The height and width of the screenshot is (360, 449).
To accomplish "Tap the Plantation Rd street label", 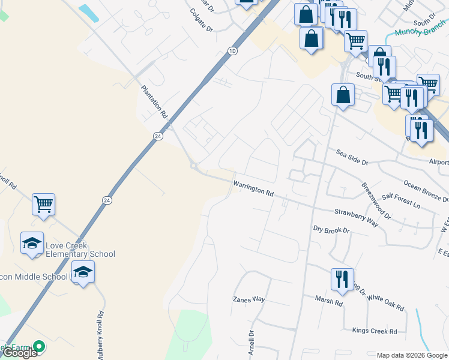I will [x=153, y=100].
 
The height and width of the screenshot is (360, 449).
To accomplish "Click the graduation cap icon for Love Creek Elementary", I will [x=32, y=243].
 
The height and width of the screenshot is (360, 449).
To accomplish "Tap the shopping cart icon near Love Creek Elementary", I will [x=43, y=205].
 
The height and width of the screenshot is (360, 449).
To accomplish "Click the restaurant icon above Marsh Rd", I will [x=342, y=279].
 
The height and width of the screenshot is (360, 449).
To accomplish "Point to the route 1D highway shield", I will [x=232, y=52].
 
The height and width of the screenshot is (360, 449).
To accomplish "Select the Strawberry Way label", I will [x=356, y=217].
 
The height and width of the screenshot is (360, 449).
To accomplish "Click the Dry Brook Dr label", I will [x=331, y=230].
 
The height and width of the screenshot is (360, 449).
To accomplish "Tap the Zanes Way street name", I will [x=249, y=299].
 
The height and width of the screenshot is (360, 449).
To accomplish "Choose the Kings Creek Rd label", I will [x=375, y=331].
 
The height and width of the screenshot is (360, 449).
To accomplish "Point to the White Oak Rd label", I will [x=385, y=302].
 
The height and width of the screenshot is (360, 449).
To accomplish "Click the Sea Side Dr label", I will [x=351, y=157].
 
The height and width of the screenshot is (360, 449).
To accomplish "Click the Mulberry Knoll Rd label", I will [x=101, y=334].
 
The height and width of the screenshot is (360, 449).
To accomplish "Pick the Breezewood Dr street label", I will [x=375, y=200].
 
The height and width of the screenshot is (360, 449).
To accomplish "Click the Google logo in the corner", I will [x=19, y=353].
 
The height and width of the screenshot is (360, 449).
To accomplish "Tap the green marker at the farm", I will [x=39, y=346].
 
